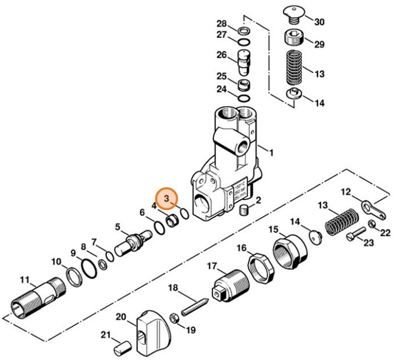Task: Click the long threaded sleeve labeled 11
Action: (38, 295)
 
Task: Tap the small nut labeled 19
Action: (174, 318)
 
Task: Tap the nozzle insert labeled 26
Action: (244, 62)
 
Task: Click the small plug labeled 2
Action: (243, 210)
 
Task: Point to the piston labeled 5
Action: (132, 242)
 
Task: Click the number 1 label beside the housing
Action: (272, 152)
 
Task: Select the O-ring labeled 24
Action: (244, 98)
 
